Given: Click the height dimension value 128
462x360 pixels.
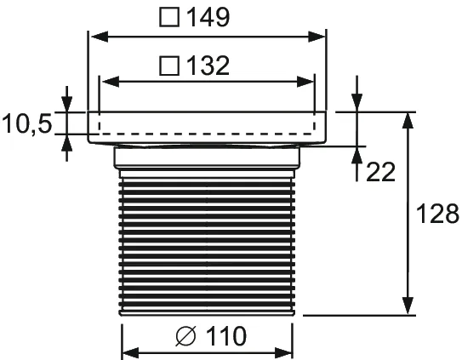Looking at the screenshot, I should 438,213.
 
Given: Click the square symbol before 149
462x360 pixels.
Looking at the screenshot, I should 168,18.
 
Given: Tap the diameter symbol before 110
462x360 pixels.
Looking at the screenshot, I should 185,337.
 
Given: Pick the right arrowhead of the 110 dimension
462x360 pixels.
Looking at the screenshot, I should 289,351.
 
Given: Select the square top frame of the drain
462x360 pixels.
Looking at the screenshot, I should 208,125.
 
